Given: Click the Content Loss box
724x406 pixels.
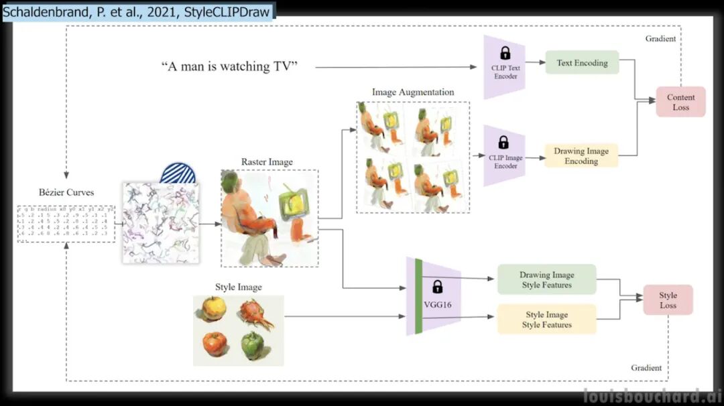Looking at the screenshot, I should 680,102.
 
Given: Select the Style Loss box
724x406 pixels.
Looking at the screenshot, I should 668,300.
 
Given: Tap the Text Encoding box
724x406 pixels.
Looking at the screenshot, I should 582,63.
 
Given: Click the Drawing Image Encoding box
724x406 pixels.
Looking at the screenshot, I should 581,156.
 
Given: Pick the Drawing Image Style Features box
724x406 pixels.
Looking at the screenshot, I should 546,280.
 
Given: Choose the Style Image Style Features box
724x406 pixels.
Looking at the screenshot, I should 546,320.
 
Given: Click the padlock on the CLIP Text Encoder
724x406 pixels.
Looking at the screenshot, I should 505,53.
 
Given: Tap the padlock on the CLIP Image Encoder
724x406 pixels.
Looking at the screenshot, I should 503,142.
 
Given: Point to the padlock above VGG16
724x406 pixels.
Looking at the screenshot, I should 438,287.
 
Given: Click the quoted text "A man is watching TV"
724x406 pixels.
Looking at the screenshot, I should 229,66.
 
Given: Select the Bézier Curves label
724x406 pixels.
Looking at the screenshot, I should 66,192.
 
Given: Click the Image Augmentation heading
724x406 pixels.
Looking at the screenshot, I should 413,92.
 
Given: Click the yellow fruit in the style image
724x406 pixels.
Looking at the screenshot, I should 214,309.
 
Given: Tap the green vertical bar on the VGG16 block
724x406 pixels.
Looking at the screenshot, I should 419,296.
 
